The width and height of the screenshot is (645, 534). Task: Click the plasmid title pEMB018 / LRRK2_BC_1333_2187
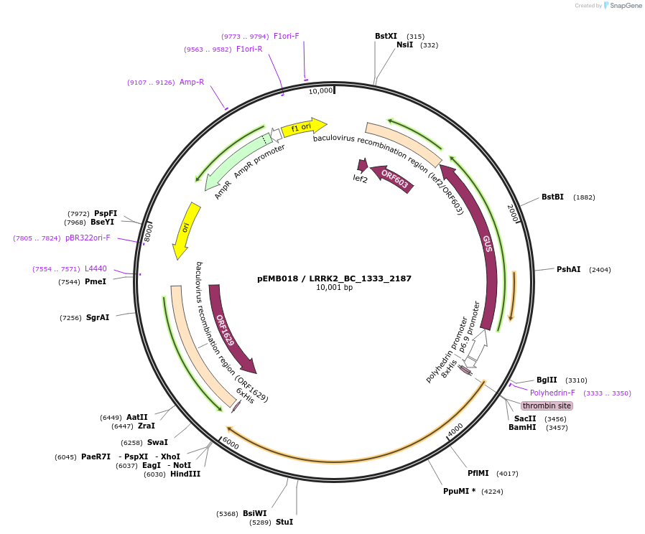coord(334,278)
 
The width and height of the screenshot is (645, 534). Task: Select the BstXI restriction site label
coord(386,36)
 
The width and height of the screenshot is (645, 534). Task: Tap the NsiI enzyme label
coord(405,44)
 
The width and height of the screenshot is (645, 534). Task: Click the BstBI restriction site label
coord(552,197)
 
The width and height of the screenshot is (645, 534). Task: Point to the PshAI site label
coord(568,269)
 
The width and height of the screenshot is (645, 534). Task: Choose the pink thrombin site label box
coord(547,406)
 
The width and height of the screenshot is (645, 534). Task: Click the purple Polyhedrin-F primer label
coord(552,393)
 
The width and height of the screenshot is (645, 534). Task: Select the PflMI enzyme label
coord(478,473)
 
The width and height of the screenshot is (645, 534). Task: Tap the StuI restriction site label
coord(284,522)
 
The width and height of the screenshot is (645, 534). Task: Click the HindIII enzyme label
coord(185,474)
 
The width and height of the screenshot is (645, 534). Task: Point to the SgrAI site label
coord(98,317)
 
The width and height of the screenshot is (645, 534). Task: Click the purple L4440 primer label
coord(96,268)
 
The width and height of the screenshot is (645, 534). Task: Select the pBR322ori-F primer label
coord(88,238)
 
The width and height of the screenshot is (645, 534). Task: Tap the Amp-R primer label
coord(192,82)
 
